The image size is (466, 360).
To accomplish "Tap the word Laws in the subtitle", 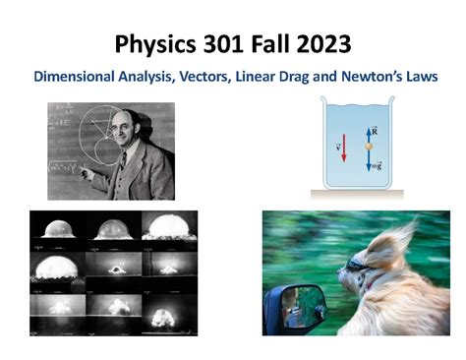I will [420, 76].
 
